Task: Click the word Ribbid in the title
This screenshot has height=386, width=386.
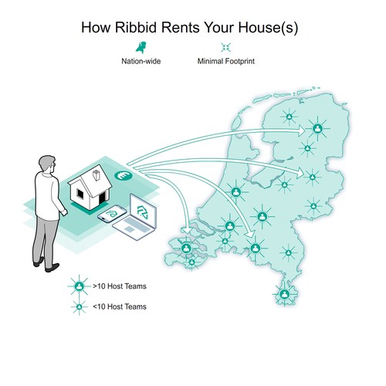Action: tap(135, 27)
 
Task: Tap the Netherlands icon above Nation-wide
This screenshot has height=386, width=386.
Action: tap(141, 47)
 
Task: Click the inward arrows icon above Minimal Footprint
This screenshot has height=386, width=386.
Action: tap(225, 47)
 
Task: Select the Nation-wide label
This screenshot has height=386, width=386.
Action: tap(141, 61)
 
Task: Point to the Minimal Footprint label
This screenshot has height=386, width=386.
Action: tap(226, 61)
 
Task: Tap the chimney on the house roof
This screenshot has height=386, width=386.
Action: tap(96, 175)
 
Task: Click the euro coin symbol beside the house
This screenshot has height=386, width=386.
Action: tap(124, 176)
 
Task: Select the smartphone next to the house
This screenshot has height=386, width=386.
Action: tap(112, 213)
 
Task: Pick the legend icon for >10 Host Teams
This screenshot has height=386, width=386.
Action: tap(79, 286)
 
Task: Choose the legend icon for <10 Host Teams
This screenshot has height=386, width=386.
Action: tap(80, 306)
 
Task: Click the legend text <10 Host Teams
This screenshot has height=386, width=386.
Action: tap(120, 306)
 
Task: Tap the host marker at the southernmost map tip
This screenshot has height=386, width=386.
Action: tap(284, 294)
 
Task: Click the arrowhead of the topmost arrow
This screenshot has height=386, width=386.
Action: tap(301, 131)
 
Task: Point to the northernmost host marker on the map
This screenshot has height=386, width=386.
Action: tap(289, 117)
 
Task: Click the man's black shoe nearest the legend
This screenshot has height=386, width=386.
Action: tap(52, 268)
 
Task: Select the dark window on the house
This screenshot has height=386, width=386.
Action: tap(80, 194)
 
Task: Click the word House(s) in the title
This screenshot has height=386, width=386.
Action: tap(268, 27)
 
